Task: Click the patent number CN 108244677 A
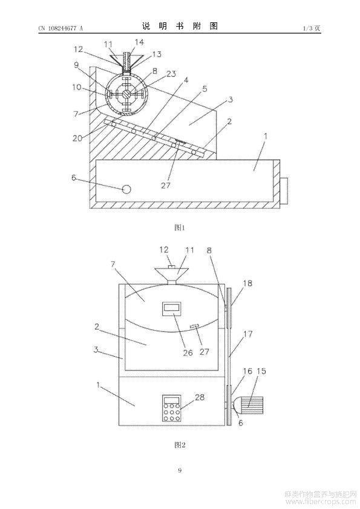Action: tap(61, 28)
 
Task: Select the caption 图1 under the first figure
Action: tap(180, 227)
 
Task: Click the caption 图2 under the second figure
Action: tap(180, 445)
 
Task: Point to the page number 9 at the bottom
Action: tap(180, 470)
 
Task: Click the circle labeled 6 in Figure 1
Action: tap(126, 189)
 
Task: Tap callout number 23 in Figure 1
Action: tap(171, 74)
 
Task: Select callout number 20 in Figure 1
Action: tap(77, 138)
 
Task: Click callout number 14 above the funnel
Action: tap(139, 42)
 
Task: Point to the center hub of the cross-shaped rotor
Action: tap(127, 94)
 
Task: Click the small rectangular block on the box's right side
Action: tap(284, 191)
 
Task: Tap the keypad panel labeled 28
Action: tap(172, 408)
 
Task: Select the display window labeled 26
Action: tap(172, 308)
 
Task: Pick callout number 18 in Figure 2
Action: tap(247, 284)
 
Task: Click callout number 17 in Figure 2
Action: tap(247, 334)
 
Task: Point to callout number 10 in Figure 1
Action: tap(77, 87)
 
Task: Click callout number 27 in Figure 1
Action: tap(166, 186)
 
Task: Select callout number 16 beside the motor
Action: tap(247, 371)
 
